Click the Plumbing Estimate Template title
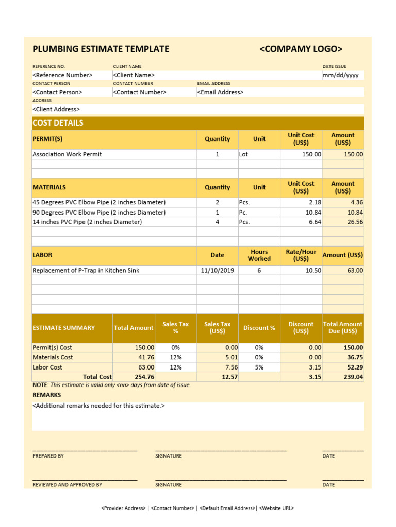pos(101,49)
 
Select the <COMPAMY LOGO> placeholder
pos(301,49)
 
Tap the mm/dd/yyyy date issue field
pos(340,75)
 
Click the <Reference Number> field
pos(62,75)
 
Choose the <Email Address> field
pos(220,92)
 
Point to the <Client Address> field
pos(56,109)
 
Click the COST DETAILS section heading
pos(58,123)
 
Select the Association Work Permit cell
pos(67,154)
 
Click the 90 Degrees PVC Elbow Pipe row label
pos(99,212)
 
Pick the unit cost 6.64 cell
pos(314,222)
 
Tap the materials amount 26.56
pos(355,222)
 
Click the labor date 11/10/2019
pos(217,270)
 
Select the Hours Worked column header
pos(259,255)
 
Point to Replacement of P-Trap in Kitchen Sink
pos(86,270)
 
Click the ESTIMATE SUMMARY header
pos(63,328)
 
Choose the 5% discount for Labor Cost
pos(259,367)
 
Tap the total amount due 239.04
pos(353,377)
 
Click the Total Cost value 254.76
pos(144,377)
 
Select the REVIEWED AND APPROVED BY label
pos(67,485)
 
